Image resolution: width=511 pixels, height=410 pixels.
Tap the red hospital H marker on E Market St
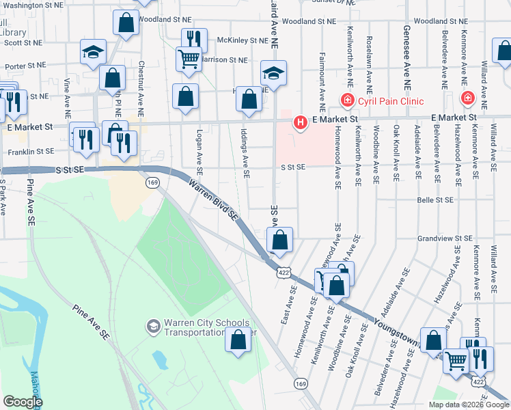click(299, 123)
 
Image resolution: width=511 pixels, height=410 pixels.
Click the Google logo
click(22, 402)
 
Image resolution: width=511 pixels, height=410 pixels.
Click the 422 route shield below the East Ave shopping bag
click(282, 272)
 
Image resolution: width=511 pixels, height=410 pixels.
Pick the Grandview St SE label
click(445, 238)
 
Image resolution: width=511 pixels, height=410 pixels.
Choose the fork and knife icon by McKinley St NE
click(194, 39)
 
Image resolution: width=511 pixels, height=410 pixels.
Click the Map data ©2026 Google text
click(468, 405)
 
